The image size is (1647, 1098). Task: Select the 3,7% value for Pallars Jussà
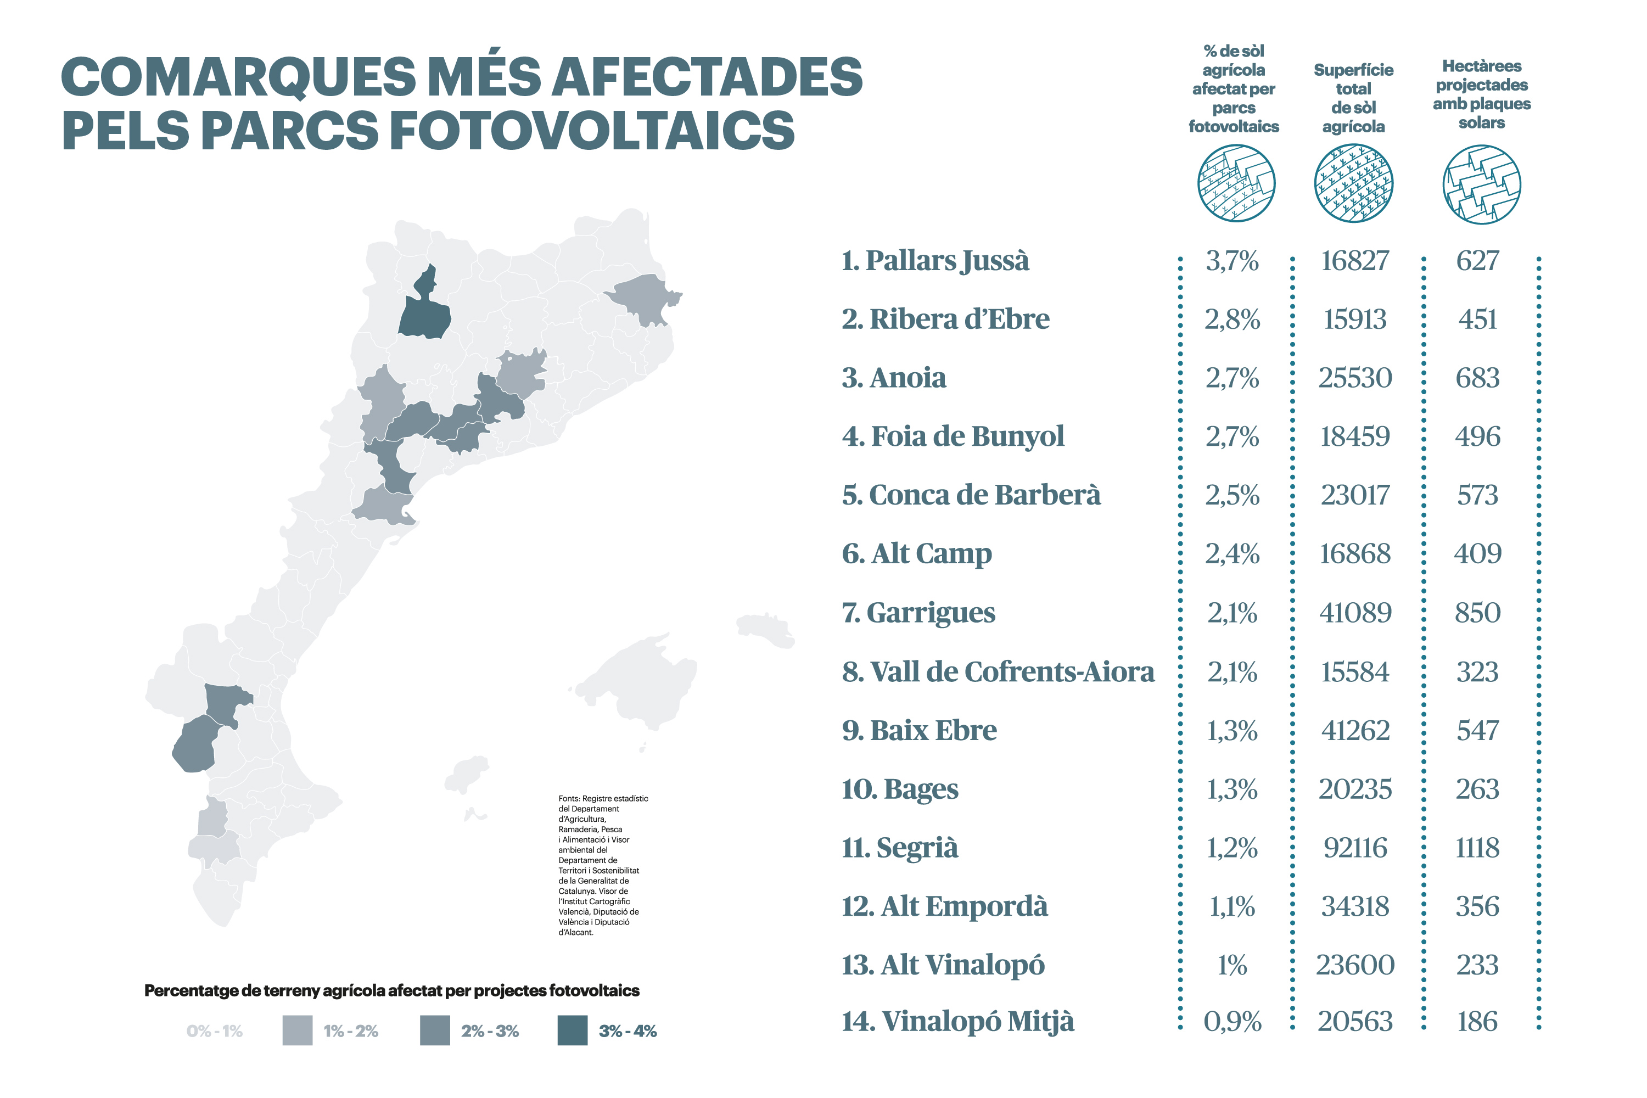1232,261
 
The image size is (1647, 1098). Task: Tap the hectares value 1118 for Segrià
1477,848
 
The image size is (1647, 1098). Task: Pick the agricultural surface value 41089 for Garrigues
1355,613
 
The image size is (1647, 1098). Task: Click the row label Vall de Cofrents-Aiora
998,671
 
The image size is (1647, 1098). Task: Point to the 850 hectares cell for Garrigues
1477,613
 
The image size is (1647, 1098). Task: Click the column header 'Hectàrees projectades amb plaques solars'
1481,94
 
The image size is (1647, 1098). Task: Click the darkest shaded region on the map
424,312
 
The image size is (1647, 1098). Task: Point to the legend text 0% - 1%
214,1031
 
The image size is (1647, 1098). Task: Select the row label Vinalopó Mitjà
957,1021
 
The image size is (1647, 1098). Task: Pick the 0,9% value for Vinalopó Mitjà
1232,1022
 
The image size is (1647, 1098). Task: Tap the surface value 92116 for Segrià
1355,848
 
